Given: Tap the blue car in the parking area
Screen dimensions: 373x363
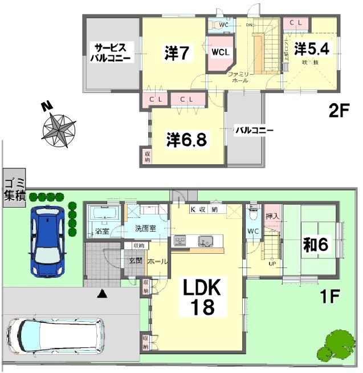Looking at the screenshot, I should [49, 240].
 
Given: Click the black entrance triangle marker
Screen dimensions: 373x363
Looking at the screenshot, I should [102, 294].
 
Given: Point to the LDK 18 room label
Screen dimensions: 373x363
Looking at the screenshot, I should [198, 297].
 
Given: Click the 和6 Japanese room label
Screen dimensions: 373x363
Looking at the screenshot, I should [315, 245].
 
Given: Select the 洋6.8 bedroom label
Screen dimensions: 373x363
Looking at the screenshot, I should [186, 139].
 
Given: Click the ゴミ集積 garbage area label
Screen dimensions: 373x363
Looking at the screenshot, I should [14, 189].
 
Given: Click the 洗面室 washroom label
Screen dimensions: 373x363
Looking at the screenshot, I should [147, 229].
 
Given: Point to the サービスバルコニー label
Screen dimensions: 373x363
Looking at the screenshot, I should [113, 52].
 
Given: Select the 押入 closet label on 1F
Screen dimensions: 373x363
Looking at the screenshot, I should [273, 217].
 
